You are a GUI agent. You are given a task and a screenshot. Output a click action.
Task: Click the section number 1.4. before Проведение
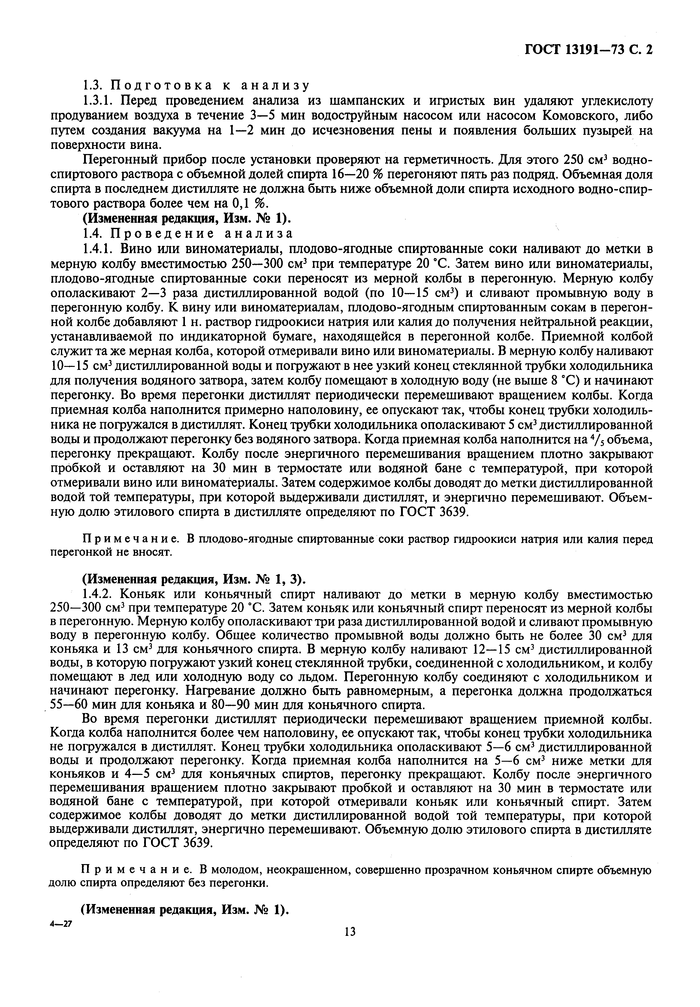point(93,233)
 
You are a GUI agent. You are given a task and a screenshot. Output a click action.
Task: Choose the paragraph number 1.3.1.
point(98,101)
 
